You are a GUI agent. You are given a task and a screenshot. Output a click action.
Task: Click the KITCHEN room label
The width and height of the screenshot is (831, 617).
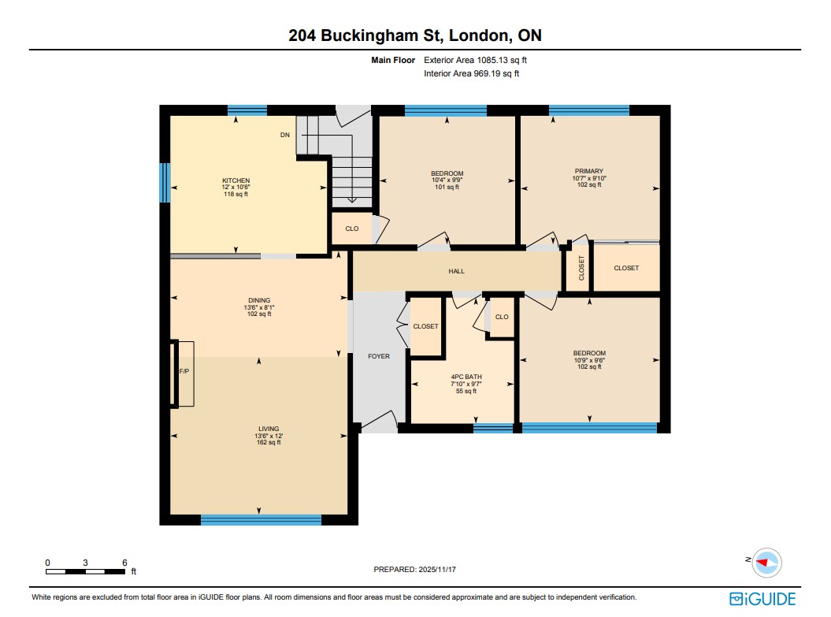pos(236,180)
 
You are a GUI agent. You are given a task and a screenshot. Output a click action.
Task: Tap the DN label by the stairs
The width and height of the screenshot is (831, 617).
pos(285,135)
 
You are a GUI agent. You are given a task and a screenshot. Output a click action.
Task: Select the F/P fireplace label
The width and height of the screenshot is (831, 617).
pos(184,371)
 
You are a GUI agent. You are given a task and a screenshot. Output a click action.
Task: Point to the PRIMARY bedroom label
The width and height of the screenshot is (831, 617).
pos(589,171)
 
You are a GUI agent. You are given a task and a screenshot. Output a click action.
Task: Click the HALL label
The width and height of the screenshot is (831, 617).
pos(456,271)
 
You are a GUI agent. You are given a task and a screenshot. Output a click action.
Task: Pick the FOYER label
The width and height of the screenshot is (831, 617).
pos(379,356)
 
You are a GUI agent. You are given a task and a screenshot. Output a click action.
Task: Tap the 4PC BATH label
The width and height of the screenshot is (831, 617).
pos(466,377)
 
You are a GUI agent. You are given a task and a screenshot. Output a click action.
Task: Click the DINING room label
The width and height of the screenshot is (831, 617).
pos(259,300)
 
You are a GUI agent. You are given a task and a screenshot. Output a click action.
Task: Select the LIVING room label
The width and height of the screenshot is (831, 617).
pos(269,429)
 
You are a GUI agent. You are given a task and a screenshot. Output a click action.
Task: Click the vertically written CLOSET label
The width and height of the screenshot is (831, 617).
pos(581,268)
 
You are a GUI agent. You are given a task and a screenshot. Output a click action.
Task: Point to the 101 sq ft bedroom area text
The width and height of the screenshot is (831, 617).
pos(447,187)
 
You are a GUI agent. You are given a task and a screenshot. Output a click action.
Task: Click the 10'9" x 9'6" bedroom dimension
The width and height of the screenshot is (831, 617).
pos(589,360)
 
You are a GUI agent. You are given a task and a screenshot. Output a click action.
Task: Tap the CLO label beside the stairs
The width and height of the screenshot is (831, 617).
pos(352,229)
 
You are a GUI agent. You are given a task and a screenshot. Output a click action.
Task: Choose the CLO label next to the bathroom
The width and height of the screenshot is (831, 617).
pos(502,317)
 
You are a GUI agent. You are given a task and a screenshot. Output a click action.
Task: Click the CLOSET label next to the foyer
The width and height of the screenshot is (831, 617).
pos(425,326)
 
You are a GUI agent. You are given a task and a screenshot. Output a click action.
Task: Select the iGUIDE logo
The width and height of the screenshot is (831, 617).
pos(762,599)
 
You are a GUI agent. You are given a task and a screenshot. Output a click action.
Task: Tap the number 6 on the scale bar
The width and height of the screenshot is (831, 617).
pos(124,563)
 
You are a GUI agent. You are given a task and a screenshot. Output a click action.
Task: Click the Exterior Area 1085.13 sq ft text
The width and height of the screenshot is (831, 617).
pos(476,61)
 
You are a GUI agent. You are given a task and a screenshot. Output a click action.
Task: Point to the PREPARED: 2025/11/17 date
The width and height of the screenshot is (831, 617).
pos(415,569)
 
